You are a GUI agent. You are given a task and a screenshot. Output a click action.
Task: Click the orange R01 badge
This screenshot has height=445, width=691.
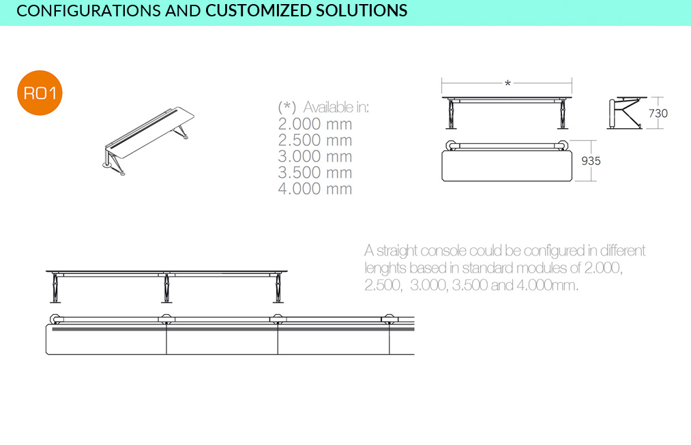pos(40,93)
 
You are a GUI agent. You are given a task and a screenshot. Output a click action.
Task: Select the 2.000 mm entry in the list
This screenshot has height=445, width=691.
pos(315,124)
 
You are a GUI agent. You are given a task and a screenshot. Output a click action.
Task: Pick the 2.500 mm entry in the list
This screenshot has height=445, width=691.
pos(315,140)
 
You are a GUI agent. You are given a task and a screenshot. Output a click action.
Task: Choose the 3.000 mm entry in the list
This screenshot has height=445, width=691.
pos(315,157)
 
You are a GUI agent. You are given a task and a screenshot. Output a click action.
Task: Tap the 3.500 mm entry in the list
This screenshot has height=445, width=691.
pos(315,172)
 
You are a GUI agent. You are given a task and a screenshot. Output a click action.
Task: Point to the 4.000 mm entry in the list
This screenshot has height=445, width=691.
pos(315,189)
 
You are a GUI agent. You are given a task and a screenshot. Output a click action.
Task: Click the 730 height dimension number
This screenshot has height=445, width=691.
pos(658,114)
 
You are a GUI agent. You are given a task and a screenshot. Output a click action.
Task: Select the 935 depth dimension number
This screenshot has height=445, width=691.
pos(591,161)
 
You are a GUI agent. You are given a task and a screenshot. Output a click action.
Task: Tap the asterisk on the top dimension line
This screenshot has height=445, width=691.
pos(508,82)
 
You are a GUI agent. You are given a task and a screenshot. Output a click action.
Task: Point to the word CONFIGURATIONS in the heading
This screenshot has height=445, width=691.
pos(89,11)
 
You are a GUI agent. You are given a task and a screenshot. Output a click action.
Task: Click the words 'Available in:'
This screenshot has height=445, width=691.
pos(336,107)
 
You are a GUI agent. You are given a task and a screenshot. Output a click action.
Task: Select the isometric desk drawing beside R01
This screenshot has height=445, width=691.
pos(149,140)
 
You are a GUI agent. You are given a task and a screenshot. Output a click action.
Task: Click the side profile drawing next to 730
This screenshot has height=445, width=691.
pos(625,113)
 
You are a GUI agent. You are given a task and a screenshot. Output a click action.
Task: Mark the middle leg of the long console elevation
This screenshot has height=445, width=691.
pos(166,288)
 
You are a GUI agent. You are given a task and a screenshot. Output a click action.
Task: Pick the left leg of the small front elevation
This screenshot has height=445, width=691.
pos(450,114)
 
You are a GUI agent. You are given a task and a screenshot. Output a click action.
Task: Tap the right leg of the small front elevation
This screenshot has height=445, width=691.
pos(563,114)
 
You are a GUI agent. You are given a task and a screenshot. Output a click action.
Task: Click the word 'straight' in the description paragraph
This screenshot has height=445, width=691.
pos(397,251)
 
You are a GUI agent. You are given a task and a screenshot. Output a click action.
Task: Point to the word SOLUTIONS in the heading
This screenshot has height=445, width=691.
pos(362,11)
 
